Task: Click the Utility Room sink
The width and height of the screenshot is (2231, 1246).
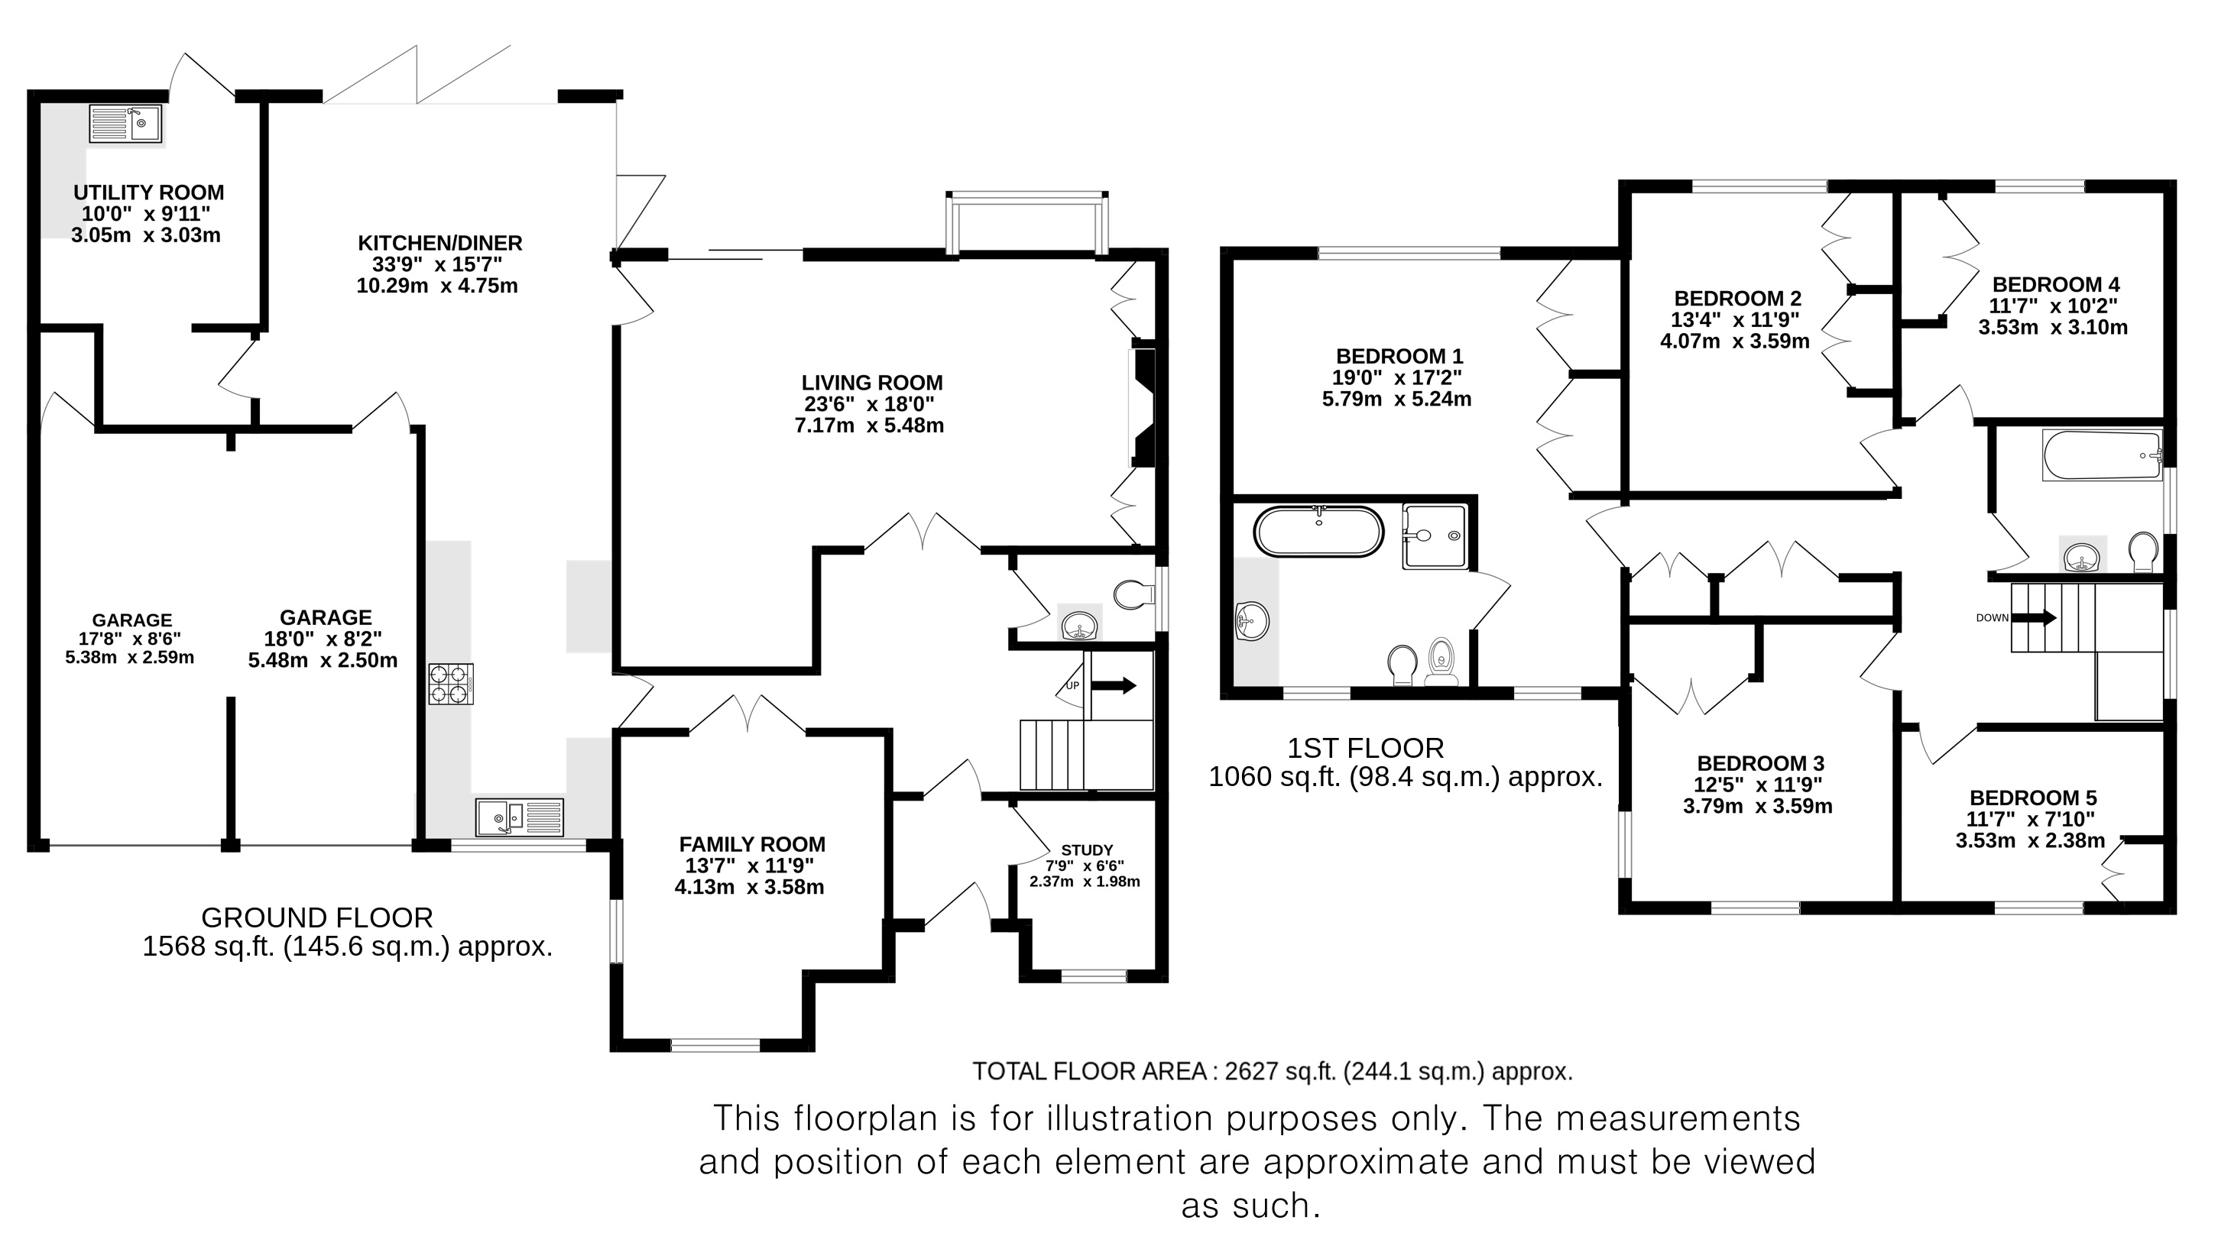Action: click(126, 124)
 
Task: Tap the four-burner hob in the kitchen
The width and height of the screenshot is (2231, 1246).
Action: click(451, 683)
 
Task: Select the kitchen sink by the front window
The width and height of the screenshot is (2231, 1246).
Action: click(520, 817)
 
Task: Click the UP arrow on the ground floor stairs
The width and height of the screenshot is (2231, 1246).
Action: click(1113, 686)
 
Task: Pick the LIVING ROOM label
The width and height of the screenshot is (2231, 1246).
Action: click(871, 383)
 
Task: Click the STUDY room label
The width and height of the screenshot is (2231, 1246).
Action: click(1087, 850)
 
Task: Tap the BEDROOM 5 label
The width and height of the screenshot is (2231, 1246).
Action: click(2033, 798)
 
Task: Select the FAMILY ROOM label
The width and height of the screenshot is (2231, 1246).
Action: click(752, 844)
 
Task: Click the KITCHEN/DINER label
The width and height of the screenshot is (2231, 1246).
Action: click(440, 243)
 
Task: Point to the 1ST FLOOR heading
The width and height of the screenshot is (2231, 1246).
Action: click(1365, 748)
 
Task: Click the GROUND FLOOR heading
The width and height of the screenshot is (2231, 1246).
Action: click(317, 918)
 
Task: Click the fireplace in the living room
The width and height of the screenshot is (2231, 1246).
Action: click(1143, 408)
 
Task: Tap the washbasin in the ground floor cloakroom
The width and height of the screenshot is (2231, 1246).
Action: click(1079, 624)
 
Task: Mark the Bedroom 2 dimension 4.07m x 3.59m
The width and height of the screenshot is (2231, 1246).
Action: click(1735, 341)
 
